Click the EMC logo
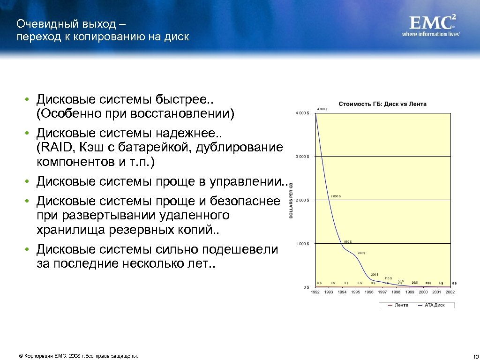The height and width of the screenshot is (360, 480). pos(433,22)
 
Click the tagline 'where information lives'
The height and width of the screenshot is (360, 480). pos(431,34)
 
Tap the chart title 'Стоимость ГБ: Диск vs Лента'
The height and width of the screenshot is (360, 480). pos(382,104)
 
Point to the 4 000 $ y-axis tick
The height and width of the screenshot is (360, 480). pos(302,113)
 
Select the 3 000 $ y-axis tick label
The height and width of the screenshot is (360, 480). pos(302,157)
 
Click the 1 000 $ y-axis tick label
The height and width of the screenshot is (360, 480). pos(302,244)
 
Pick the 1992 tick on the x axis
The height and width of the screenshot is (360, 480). pos(315,292)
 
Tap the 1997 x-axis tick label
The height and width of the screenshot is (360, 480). pos(382,292)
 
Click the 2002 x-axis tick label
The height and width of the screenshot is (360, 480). pos(450,292)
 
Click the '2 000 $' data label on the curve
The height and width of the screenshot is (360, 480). pos(336,196)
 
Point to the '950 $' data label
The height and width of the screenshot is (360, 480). pos(348,242)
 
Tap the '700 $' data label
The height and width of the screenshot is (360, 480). pos(361,253)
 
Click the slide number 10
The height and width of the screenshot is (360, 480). pos(474,356)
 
